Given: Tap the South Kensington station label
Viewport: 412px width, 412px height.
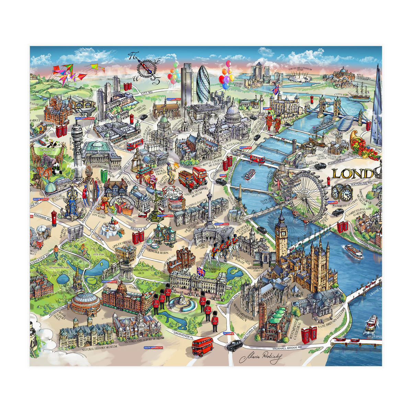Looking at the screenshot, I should pos(153,347).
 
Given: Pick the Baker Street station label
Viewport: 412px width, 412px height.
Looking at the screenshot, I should pos(40,199).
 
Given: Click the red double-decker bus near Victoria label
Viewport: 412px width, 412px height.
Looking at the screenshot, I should pos(203,346).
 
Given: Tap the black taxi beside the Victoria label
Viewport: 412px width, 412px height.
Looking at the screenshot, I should pos(235,345).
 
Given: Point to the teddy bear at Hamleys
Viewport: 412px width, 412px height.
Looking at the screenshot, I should pos(103,205).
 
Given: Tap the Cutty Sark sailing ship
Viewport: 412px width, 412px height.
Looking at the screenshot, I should pos(359,93).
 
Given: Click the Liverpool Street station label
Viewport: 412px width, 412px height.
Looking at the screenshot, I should pos(173,99).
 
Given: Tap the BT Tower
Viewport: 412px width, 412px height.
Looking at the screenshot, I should pos(77,148).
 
